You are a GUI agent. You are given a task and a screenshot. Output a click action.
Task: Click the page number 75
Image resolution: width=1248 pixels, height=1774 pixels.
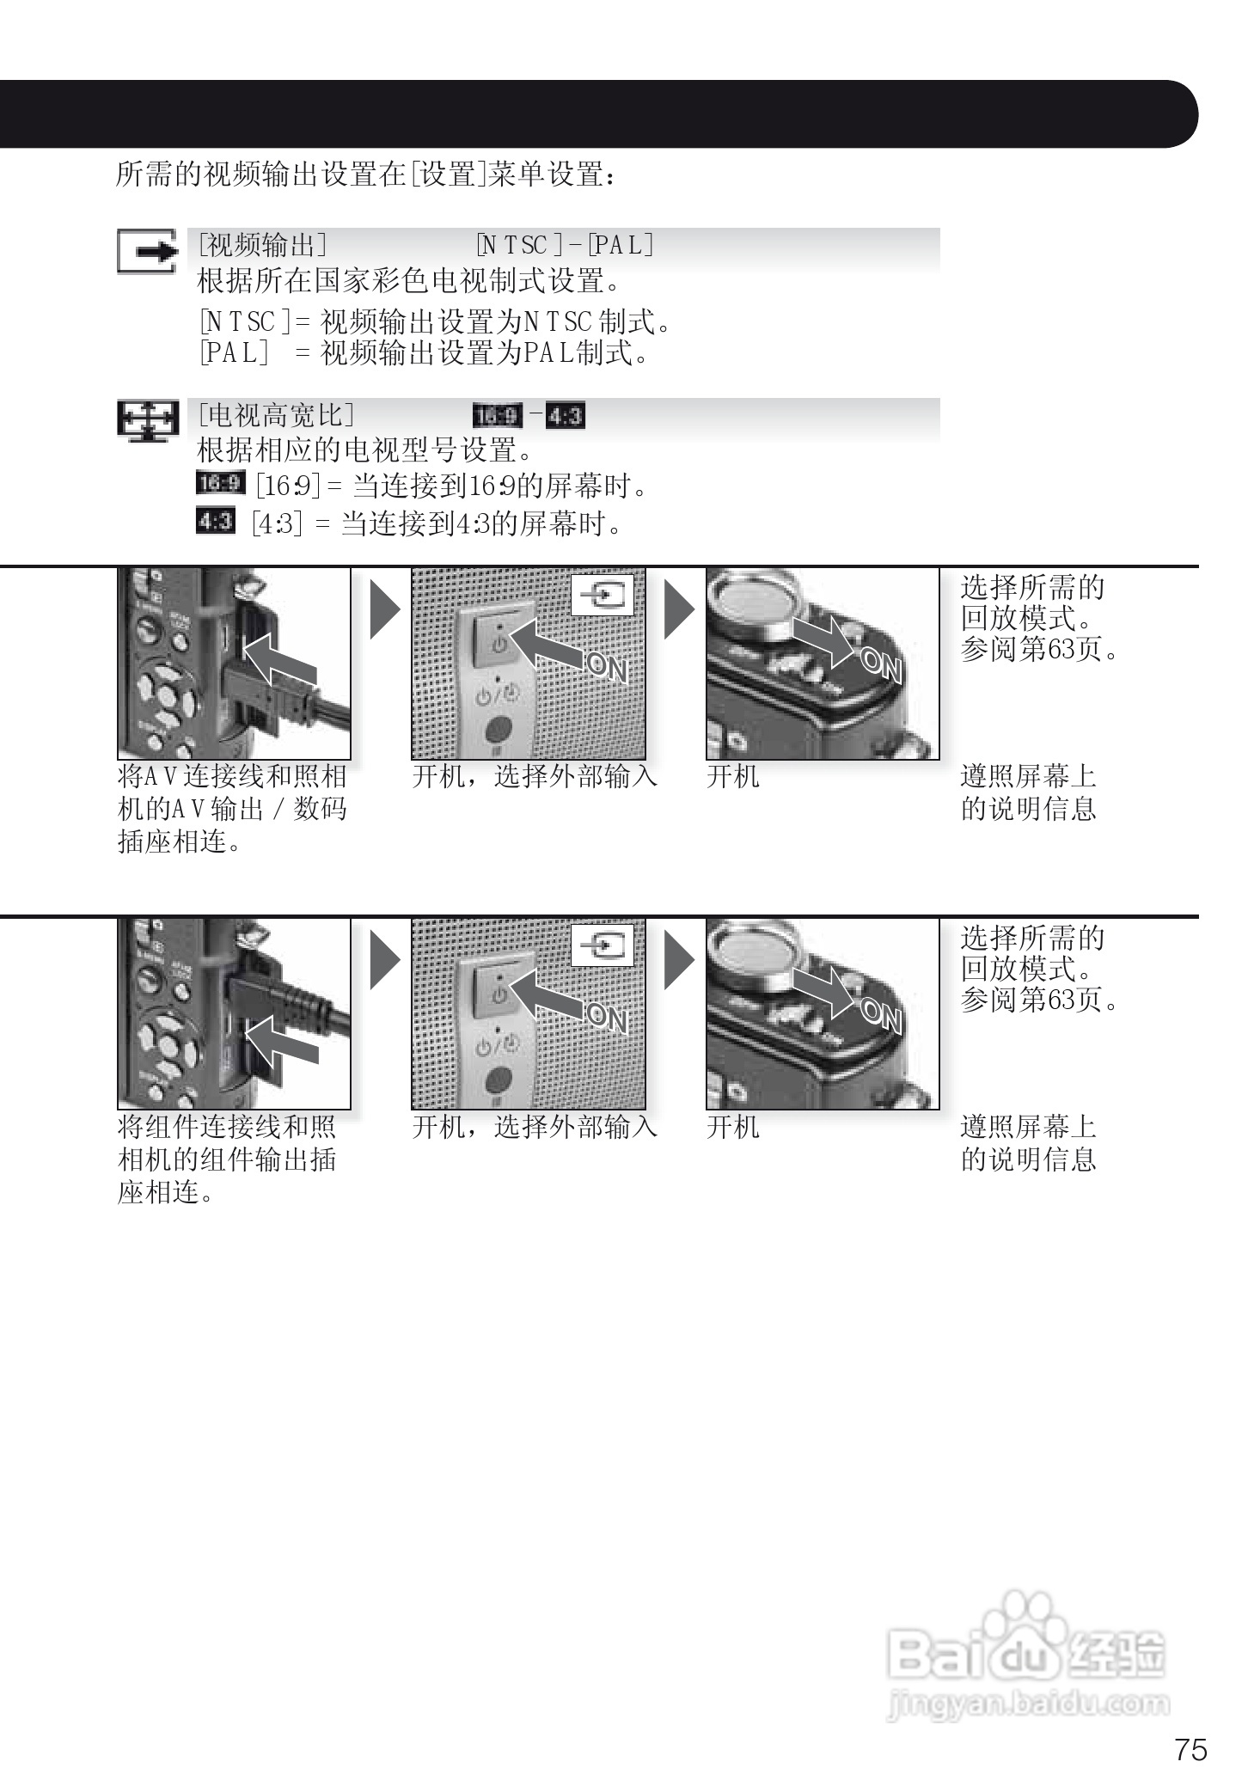[1190, 1749]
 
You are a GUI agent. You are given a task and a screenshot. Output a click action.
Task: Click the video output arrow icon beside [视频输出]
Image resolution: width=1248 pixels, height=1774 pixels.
[148, 252]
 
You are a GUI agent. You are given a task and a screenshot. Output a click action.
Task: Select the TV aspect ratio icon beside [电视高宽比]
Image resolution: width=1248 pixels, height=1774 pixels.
[148, 421]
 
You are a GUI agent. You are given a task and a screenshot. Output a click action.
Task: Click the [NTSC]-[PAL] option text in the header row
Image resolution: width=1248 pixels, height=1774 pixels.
[566, 246]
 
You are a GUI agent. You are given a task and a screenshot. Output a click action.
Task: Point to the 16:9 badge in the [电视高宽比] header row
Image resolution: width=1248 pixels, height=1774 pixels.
[497, 417]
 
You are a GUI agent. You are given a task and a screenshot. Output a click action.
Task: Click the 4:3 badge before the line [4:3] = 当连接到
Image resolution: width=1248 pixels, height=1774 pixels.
[215, 521]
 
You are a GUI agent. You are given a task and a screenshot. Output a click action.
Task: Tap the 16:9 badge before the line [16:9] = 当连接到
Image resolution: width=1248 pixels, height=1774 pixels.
[220, 484]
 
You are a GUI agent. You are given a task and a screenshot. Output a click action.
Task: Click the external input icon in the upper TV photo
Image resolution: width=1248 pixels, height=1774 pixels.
[603, 594]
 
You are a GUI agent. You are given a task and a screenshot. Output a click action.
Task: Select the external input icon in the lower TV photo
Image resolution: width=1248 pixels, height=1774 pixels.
[603, 945]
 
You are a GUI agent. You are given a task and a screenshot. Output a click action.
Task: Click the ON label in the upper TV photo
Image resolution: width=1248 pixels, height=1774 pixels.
[608, 667]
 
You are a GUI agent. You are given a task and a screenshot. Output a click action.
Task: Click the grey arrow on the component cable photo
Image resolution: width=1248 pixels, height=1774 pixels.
[283, 1040]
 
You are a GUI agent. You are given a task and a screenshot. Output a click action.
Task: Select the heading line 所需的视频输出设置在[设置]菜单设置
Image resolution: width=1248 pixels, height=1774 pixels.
[365, 174]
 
